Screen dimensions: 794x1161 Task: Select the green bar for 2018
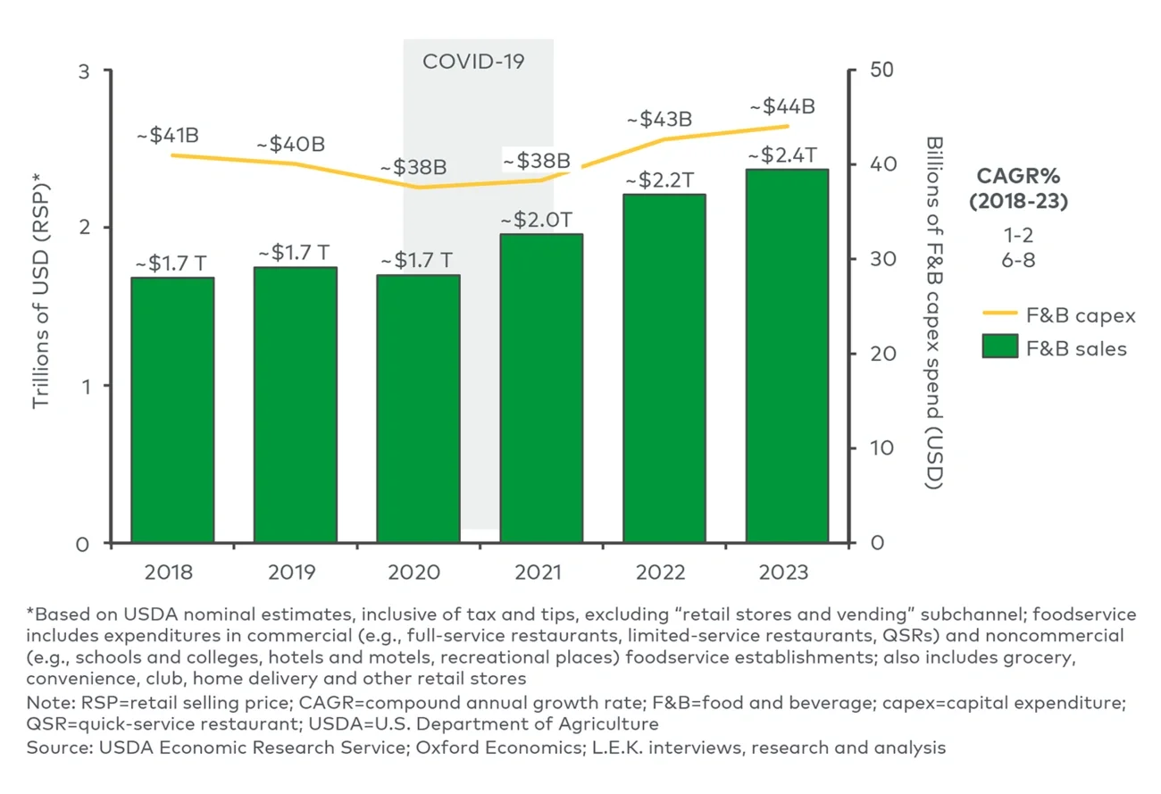172,410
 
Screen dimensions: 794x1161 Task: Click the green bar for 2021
541,389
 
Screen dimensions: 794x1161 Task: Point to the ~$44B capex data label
782,106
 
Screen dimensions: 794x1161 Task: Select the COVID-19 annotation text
473,62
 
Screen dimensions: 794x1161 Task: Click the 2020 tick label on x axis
418,573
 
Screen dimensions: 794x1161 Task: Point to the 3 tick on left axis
84,71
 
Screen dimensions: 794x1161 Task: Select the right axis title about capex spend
934,313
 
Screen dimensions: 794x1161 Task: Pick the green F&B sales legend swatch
1000,347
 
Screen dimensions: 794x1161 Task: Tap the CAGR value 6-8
1018,261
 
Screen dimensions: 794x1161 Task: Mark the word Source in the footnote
53,747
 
